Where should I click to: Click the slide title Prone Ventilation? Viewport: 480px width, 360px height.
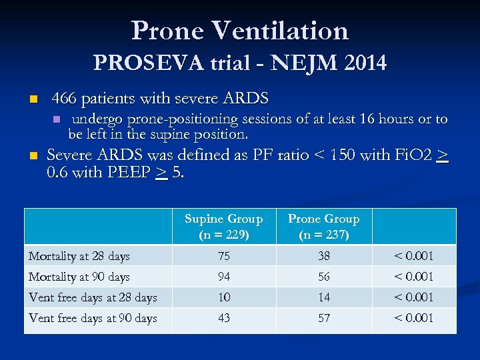pyautogui.click(x=240, y=31)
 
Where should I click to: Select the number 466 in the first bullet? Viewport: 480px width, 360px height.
pyautogui.click(x=63, y=99)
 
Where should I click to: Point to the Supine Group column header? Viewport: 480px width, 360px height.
pyautogui.click(x=224, y=227)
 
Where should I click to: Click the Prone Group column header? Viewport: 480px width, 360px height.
pyautogui.click(x=323, y=227)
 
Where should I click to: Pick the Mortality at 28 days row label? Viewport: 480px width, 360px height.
pyautogui.click(x=79, y=256)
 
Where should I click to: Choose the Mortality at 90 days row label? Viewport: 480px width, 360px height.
pyautogui.click(x=79, y=277)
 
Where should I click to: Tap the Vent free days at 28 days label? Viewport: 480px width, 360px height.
pyautogui.click(x=93, y=297)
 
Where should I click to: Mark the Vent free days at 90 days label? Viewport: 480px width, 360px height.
pyautogui.click(x=93, y=318)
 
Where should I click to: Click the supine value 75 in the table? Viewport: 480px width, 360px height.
pyautogui.click(x=224, y=256)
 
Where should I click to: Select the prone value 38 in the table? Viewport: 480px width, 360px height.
pyautogui.click(x=323, y=256)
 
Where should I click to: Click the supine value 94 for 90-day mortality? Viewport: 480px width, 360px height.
pyautogui.click(x=224, y=277)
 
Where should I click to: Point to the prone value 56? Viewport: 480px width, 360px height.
pyautogui.click(x=323, y=277)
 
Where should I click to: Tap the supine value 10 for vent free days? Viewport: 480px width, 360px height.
pyautogui.click(x=224, y=297)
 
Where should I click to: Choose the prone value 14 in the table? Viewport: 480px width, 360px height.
pyautogui.click(x=323, y=297)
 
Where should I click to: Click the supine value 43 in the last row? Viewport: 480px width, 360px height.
pyautogui.click(x=224, y=318)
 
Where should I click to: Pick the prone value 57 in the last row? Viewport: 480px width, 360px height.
pyautogui.click(x=323, y=318)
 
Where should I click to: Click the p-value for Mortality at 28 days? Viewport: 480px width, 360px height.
pyautogui.click(x=413, y=256)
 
